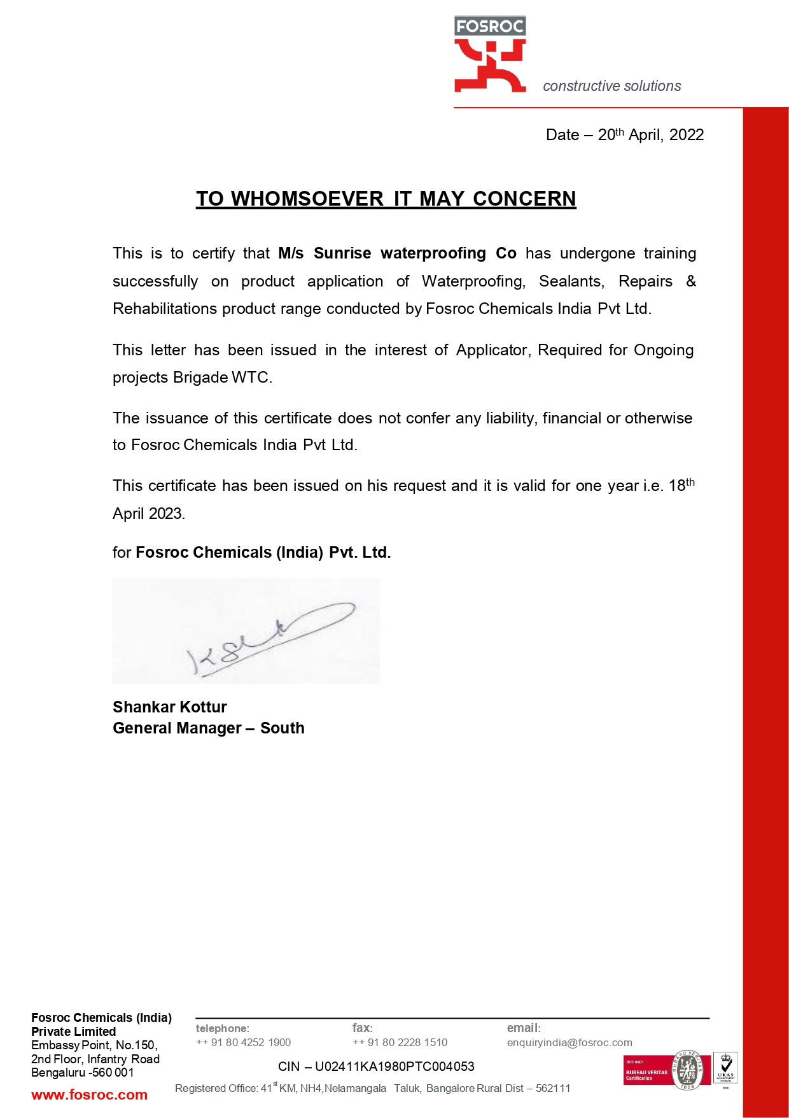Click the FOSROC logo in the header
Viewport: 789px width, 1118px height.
[x=490, y=55]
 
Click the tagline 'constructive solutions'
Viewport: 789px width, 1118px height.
[x=611, y=86]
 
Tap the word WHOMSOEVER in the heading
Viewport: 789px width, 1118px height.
[x=307, y=199]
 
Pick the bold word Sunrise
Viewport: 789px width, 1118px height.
[x=342, y=253]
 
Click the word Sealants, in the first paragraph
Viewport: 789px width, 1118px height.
[x=571, y=281]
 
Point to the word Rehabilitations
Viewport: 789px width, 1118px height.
[x=165, y=309]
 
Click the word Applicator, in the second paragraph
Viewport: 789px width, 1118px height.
[x=493, y=350]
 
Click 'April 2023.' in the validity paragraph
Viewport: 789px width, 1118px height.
[x=148, y=514]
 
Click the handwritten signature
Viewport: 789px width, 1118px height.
[x=267, y=633]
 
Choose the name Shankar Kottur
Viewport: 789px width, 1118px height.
[x=169, y=707]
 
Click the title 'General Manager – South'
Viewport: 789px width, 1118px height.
[x=208, y=728]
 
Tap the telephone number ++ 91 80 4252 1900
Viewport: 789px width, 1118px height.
[x=243, y=1042]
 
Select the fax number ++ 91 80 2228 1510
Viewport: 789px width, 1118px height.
[x=400, y=1042]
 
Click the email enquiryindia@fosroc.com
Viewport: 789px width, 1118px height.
[x=569, y=1042]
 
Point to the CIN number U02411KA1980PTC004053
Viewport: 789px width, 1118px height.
[x=394, y=1066]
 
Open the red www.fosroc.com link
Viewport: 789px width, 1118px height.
[x=89, y=1095]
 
